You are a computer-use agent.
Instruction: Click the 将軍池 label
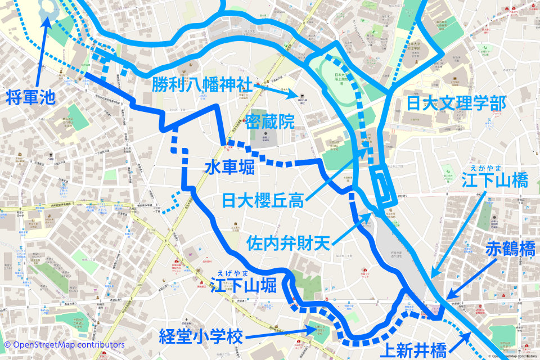(31, 97)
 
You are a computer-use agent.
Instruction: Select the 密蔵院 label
(270, 121)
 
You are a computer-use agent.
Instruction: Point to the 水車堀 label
(229, 168)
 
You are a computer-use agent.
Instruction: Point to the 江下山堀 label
(245, 286)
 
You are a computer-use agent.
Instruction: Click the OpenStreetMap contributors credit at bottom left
(64, 344)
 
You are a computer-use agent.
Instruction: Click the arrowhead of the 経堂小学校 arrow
(316, 329)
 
